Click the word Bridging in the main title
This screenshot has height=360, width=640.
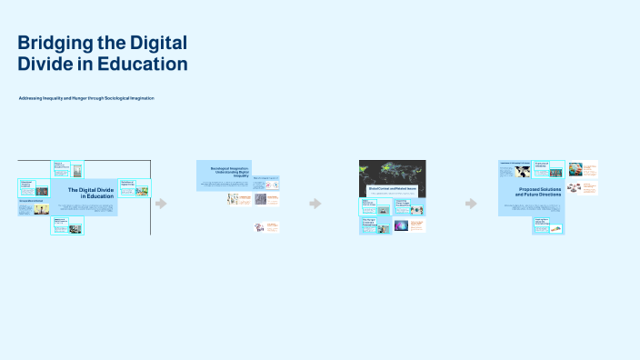[x=54, y=43]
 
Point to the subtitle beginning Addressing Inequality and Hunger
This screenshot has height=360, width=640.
[x=86, y=97]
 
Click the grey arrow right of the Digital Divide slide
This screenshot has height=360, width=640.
[x=161, y=204]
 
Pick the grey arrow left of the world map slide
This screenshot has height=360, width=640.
[x=315, y=204]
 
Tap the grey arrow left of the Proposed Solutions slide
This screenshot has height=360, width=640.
[x=471, y=204]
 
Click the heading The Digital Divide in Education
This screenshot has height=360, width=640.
[x=91, y=192]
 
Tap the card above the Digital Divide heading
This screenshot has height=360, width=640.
[x=68, y=168]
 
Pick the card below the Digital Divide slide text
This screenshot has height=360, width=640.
[x=68, y=226]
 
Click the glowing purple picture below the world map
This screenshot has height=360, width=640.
[x=417, y=225]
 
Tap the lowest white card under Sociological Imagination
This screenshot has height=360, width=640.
[x=266, y=226]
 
